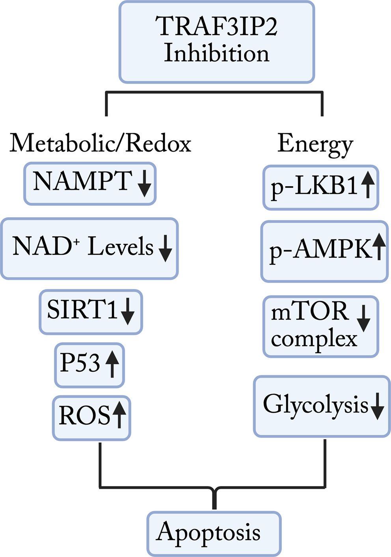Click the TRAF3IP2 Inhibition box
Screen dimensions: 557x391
pyautogui.click(x=216, y=42)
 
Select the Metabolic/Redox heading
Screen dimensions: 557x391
pyautogui.click(x=100, y=143)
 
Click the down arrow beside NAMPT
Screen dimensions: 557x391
pyautogui.click(x=144, y=184)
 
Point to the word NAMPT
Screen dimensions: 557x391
pyautogui.click(x=82, y=181)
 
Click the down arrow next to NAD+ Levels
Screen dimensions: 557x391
pyautogui.click(x=165, y=248)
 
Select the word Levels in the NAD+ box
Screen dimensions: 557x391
pyautogui.click(x=120, y=247)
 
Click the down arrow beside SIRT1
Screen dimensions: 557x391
pyautogui.click(x=128, y=311)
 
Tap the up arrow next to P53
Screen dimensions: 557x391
pyautogui.click(x=112, y=364)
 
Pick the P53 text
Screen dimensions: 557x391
pyautogui.click(x=80, y=362)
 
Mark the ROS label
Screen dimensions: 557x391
pyautogui.click(x=84, y=416)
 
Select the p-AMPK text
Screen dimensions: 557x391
pyautogui.click(x=320, y=250)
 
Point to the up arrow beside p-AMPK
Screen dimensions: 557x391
pyautogui.click(x=379, y=246)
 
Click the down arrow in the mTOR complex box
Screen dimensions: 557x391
pyautogui.click(x=363, y=319)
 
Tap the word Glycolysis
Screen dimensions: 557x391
pyautogui.click(x=315, y=405)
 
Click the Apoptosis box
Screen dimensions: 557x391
pyautogui.click(x=214, y=533)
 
